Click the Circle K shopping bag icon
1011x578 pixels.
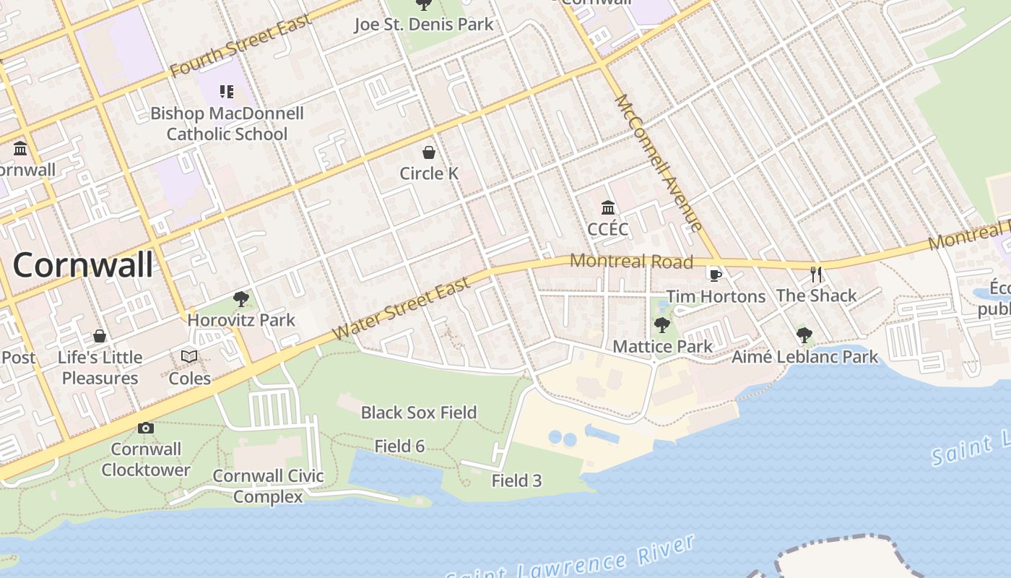pos(429,152)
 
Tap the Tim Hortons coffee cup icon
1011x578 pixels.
pos(715,275)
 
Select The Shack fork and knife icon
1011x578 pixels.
pos(816,274)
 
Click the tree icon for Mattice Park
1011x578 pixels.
pos(661,325)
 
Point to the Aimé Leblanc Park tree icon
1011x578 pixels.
pos(804,335)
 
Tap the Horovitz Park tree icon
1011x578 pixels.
pos(241,299)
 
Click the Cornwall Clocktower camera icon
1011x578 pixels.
pos(146,428)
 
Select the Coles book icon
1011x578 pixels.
pos(189,357)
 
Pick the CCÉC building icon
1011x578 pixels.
pos(608,208)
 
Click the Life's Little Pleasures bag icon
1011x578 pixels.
pos(100,336)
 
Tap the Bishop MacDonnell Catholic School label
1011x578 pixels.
pos(227,124)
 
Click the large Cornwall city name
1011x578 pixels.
pos(83,265)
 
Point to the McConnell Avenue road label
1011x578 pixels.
pos(659,163)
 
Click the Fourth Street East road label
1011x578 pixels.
pos(241,45)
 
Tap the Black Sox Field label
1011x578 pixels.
pos(419,413)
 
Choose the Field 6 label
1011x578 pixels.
pos(399,447)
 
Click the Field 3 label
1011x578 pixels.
pos(516,480)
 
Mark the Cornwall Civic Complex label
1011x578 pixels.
pos(268,486)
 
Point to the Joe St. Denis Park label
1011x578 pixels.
pos(424,25)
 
